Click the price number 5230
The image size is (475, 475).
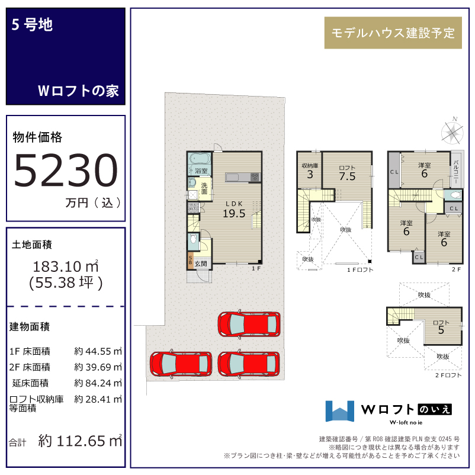(66, 170)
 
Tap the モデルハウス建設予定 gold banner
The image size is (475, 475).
(393, 33)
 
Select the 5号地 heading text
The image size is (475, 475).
(32, 24)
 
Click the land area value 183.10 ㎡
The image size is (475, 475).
(66, 267)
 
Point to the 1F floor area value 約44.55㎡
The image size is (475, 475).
(98, 351)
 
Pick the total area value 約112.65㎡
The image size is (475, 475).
(80, 441)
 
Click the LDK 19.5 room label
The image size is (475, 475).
(234, 210)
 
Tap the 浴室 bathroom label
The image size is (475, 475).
(201, 171)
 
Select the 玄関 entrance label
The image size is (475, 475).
(201, 264)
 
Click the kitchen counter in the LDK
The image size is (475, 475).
(243, 177)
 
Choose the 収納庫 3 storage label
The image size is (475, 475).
(310, 171)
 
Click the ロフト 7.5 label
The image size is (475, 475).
(347, 174)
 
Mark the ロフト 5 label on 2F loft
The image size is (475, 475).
(441, 327)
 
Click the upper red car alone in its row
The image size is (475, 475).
(249, 324)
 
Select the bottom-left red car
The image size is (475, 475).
(181, 364)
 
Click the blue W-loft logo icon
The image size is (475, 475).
(339, 411)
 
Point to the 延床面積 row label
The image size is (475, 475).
(30, 383)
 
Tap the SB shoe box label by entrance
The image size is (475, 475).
(190, 260)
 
